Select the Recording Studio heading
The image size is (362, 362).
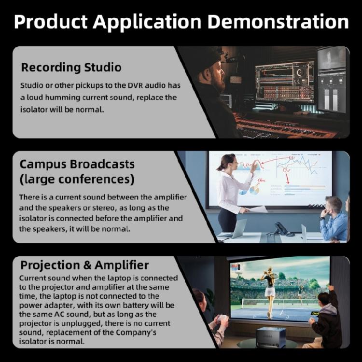pyautogui.click(x=71, y=67)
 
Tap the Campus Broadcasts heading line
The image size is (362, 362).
pyautogui.click(x=77, y=164)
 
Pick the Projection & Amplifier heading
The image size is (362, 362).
pyautogui.click(x=84, y=265)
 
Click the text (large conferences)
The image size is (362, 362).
pyautogui.click(x=77, y=180)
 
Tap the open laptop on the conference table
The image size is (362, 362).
pyautogui.click(x=237, y=229)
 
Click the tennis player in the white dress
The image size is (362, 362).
pyautogui.click(x=269, y=285)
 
